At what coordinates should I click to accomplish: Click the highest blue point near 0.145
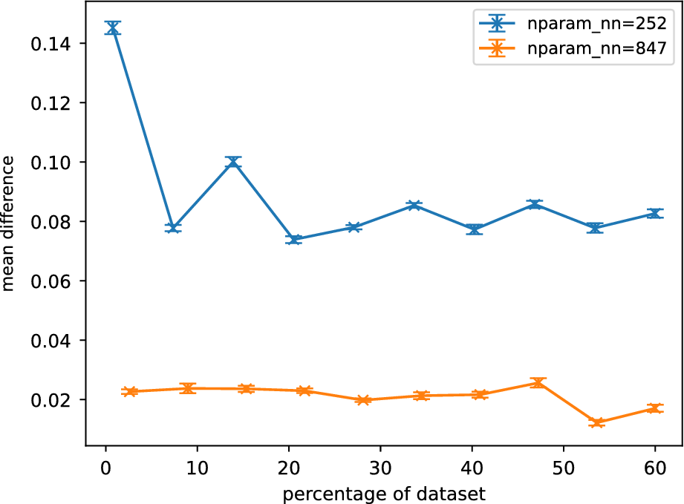tap(113, 28)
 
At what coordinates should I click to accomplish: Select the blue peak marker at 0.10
tap(234, 162)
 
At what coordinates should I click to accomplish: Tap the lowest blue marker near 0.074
tap(294, 239)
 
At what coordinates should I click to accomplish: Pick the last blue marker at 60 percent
tap(654, 214)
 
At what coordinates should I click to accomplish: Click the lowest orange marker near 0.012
tap(596, 422)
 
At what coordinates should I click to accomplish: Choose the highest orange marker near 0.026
tap(538, 383)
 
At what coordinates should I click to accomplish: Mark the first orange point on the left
tap(130, 391)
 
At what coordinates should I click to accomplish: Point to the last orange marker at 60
tap(654, 408)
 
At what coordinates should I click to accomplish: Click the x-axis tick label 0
tap(106, 471)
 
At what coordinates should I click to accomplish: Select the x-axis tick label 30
tap(380, 471)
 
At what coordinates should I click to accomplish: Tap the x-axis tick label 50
tap(563, 471)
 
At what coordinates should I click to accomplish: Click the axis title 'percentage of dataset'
tap(381, 492)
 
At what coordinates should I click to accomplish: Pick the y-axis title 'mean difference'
tap(10, 223)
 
